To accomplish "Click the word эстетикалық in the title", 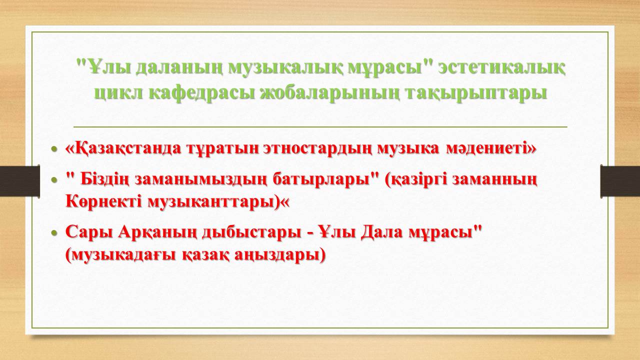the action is [501, 68].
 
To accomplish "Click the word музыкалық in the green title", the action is [286, 68].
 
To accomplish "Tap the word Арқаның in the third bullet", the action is [157, 232].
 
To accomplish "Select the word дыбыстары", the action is [252, 233].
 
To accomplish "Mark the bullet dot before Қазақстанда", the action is [54, 149].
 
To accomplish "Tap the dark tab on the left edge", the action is [19, 181].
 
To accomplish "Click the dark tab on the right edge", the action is [620, 181].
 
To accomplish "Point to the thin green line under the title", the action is [320, 126].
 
